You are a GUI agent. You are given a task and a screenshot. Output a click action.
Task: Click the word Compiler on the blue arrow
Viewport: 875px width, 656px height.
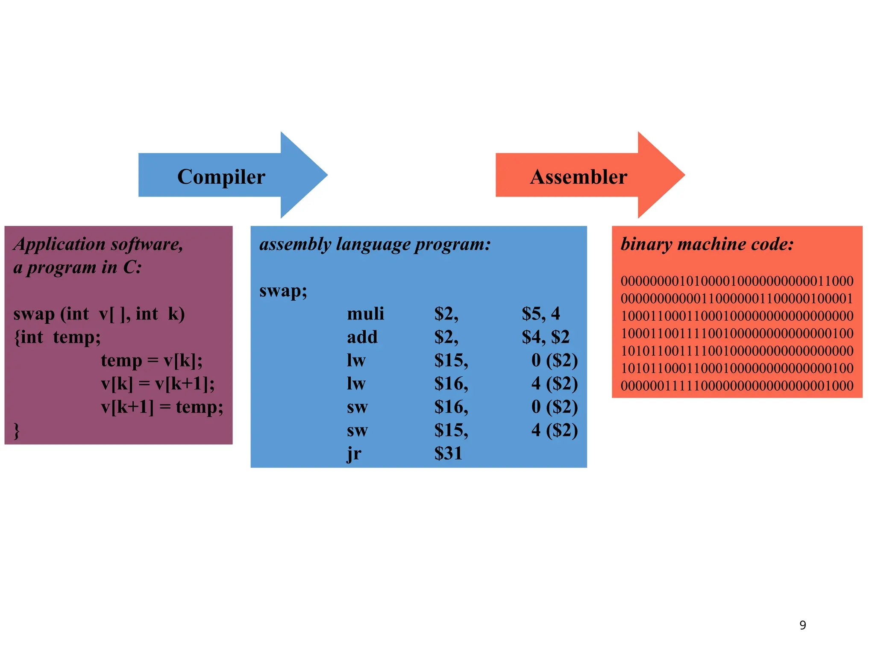pos(221,177)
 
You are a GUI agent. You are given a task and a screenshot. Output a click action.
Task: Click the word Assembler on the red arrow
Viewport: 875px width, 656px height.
pos(578,177)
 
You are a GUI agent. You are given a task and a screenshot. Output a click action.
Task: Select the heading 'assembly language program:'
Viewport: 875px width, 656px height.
pos(375,244)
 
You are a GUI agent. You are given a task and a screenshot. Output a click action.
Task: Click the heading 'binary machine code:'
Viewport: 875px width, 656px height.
pos(707,244)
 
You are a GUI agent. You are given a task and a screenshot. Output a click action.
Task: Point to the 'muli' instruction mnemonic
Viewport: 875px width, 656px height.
pos(365,314)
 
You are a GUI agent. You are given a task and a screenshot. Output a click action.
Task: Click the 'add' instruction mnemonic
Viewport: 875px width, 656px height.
pos(362,337)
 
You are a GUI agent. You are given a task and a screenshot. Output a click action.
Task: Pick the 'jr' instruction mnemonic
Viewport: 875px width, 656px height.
pos(354,454)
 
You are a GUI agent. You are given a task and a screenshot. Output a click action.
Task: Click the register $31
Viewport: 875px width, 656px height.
pos(448,454)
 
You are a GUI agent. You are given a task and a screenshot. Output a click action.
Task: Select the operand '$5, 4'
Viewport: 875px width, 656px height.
pos(540,314)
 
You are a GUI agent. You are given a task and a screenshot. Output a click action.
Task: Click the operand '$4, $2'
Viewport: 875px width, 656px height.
pos(545,337)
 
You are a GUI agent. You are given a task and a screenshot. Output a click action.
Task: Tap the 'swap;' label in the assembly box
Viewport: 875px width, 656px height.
pos(283,291)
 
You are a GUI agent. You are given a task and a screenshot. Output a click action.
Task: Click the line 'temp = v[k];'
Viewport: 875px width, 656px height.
pos(152,360)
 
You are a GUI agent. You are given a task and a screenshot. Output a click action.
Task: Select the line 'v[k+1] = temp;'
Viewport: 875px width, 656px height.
pos(162,407)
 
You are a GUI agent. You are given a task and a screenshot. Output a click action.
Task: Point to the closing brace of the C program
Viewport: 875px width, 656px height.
pos(17,430)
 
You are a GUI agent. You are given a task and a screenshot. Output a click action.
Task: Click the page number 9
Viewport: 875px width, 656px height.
pos(802,625)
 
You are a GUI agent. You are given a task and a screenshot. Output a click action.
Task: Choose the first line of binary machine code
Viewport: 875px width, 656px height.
pos(737,281)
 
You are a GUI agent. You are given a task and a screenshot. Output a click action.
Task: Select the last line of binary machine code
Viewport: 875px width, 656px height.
pos(737,386)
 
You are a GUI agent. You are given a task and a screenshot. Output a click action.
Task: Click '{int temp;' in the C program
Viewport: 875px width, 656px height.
pos(57,337)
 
